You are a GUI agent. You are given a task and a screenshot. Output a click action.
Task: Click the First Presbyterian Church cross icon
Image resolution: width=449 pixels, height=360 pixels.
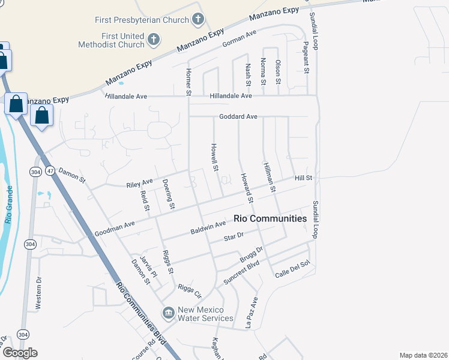tap(197, 20)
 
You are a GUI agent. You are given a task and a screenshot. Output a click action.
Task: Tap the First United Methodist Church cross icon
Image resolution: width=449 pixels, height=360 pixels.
tap(154, 40)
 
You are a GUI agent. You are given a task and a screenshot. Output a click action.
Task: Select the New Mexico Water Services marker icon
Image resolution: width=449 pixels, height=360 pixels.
tap(168, 313)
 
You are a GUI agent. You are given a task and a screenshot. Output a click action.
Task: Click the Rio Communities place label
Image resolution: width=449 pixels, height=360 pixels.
tap(270, 218)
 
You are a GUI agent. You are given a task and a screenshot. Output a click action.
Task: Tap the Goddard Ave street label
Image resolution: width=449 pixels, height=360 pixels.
tap(238, 116)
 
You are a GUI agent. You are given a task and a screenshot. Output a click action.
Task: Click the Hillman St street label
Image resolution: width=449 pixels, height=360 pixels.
tap(268, 177)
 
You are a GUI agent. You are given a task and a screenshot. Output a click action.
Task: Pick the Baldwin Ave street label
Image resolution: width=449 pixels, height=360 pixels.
tap(208, 227)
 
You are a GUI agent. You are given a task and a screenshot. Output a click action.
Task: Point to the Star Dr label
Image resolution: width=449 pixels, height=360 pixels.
tap(234, 238)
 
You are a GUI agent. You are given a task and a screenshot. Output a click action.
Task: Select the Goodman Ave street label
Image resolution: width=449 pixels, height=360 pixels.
tap(115, 229)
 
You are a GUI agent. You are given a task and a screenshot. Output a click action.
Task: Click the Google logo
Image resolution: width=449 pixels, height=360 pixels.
tap(20, 352)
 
